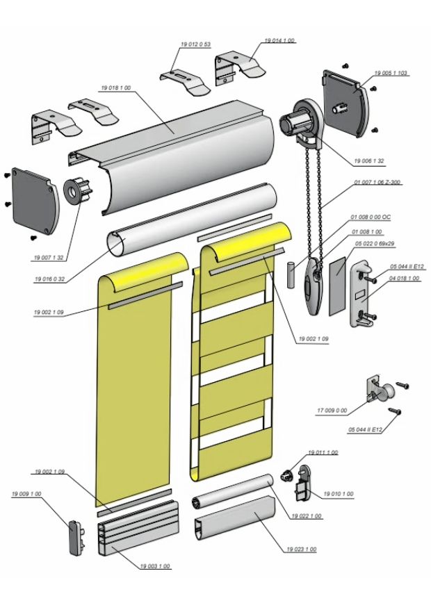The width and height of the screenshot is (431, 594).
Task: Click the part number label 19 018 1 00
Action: coord(116,88)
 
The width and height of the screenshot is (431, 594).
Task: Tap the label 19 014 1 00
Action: coord(279,41)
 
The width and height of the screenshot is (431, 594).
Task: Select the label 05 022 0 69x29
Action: coord(377,244)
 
